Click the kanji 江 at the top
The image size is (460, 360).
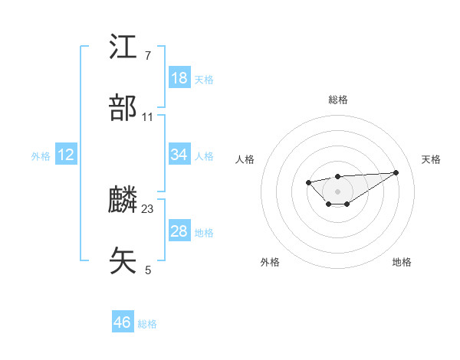click(x=123, y=47)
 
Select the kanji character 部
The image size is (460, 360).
click(x=123, y=108)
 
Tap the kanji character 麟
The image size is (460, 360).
click(x=123, y=200)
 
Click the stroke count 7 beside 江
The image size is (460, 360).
click(x=148, y=56)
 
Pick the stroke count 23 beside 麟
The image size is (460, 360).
click(x=148, y=208)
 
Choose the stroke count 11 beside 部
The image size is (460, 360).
click(x=148, y=117)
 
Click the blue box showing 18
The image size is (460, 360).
click(x=179, y=78)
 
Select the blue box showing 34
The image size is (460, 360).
click(x=179, y=155)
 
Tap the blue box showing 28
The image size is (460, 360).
click(x=179, y=231)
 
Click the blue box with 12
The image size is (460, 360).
click(x=66, y=155)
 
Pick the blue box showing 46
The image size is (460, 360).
click(x=123, y=322)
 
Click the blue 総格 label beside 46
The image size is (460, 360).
click(x=148, y=324)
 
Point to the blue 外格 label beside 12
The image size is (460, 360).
click(x=41, y=156)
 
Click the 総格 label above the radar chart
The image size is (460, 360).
click(x=337, y=100)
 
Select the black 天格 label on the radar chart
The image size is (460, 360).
click(x=431, y=159)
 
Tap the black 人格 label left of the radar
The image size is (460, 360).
click(x=245, y=159)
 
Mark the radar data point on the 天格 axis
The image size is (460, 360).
click(x=396, y=172)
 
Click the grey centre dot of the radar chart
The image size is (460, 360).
click(x=337, y=191)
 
